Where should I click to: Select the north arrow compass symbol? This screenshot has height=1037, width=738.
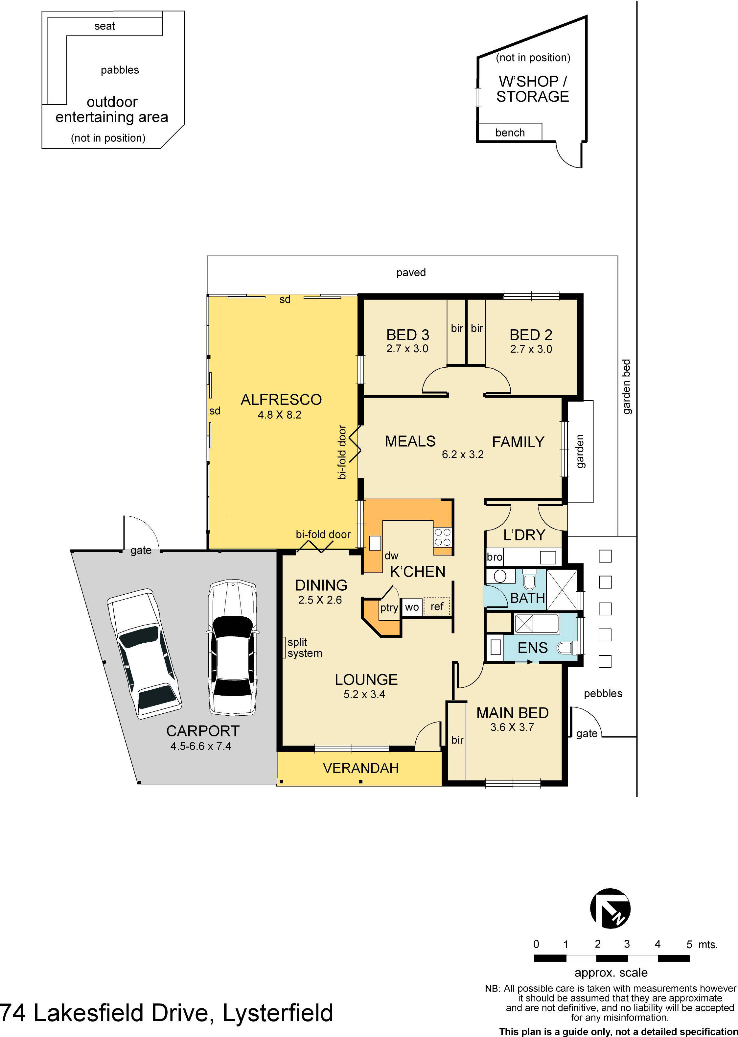610,908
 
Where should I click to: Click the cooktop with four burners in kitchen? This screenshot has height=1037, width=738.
442,537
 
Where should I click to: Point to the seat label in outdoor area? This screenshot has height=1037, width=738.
104,26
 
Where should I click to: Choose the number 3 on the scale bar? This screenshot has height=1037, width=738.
627,944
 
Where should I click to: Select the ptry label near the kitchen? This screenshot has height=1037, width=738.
389,608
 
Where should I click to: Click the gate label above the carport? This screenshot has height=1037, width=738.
141,550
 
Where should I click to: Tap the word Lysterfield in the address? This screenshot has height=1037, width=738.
278,1013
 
